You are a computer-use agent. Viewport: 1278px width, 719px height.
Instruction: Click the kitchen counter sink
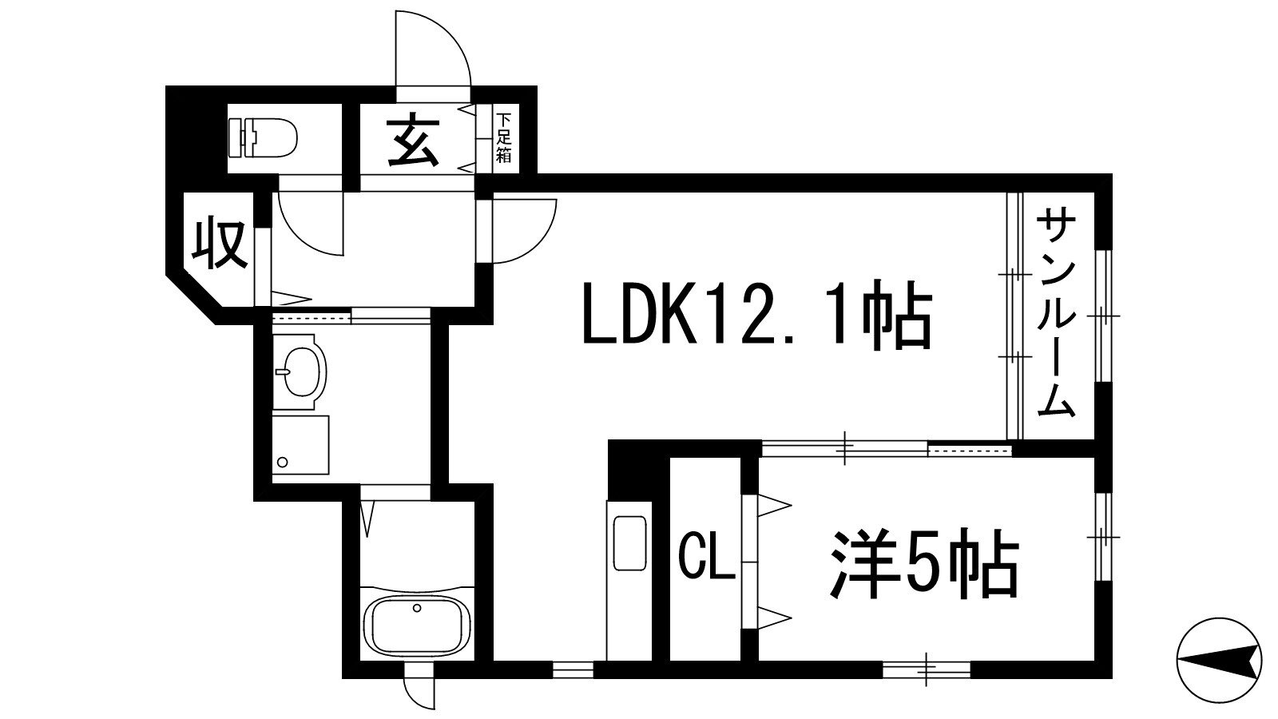(x=629, y=543)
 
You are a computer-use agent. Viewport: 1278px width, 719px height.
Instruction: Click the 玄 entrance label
(x=415, y=141)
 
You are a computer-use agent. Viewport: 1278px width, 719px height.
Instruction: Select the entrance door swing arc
(x=435, y=48)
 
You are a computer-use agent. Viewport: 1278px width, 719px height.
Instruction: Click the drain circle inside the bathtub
(x=416, y=609)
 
